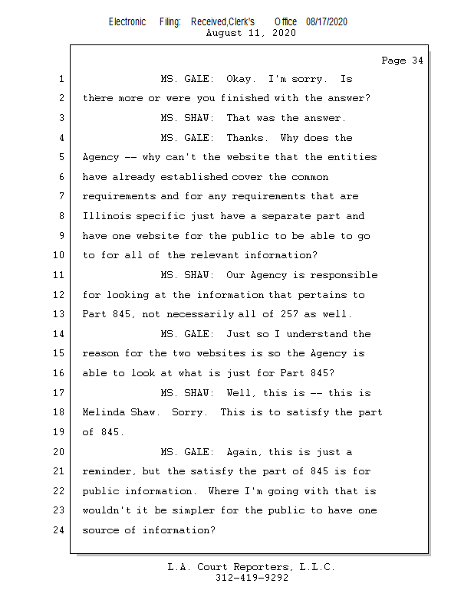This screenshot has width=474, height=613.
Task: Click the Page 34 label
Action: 402,61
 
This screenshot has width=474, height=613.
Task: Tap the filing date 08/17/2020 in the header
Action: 326,22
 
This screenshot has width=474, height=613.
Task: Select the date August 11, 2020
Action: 252,33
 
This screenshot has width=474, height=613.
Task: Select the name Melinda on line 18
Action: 104,412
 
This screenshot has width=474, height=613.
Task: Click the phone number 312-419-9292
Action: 252,578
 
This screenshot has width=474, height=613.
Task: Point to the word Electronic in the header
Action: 127,22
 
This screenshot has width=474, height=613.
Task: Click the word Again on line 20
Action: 245,452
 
